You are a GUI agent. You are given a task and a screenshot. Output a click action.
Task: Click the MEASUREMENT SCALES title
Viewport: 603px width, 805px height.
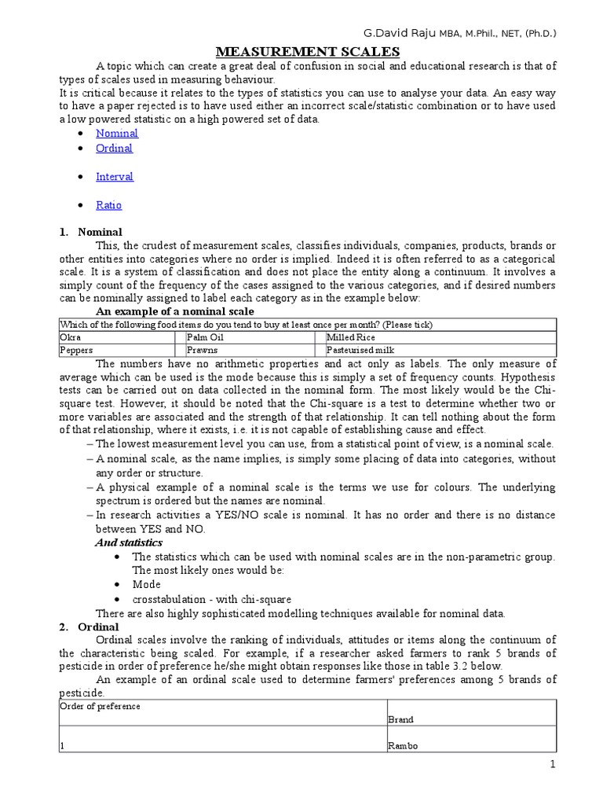pyautogui.click(x=308, y=52)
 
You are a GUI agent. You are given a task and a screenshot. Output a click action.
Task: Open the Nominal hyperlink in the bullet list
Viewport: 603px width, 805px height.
pyautogui.click(x=117, y=134)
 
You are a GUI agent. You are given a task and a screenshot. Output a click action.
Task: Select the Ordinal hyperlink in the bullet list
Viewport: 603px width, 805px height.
pyautogui.click(x=114, y=149)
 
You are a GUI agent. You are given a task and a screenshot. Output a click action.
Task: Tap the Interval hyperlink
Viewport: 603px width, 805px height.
pyautogui.click(x=115, y=177)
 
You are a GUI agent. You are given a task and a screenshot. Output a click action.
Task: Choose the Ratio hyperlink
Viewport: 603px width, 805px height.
pyautogui.click(x=109, y=205)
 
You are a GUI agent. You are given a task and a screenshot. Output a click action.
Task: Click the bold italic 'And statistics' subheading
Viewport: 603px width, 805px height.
pyautogui.click(x=129, y=542)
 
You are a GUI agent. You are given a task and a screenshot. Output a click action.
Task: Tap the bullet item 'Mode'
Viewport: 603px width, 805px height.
pyautogui.click(x=146, y=585)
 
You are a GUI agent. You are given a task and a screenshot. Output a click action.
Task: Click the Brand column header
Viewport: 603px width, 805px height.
pyautogui.click(x=400, y=719)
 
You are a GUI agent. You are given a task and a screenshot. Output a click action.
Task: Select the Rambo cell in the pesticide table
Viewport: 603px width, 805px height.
pyautogui.click(x=403, y=746)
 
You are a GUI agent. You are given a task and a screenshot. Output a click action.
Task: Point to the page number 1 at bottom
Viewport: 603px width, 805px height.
pyautogui.click(x=553, y=765)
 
